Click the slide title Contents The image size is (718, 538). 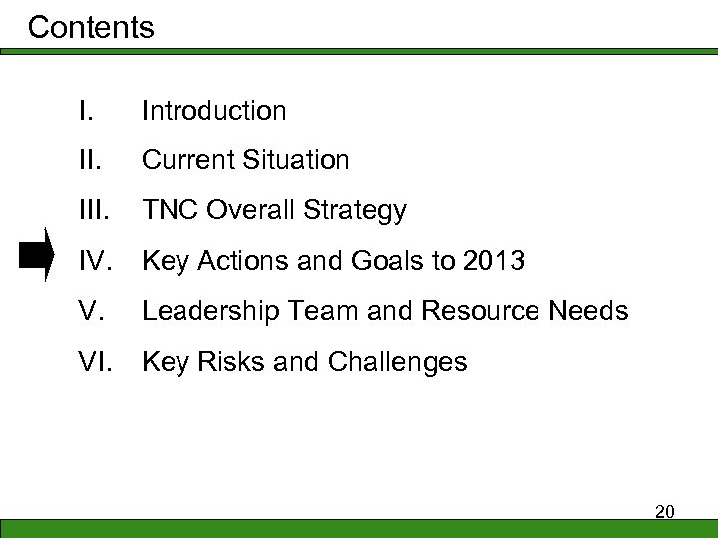(91, 27)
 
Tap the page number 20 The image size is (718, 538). (665, 512)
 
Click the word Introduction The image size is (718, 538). (213, 111)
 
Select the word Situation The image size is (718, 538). (301, 160)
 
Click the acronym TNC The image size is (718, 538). (169, 211)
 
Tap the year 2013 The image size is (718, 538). (491, 261)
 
